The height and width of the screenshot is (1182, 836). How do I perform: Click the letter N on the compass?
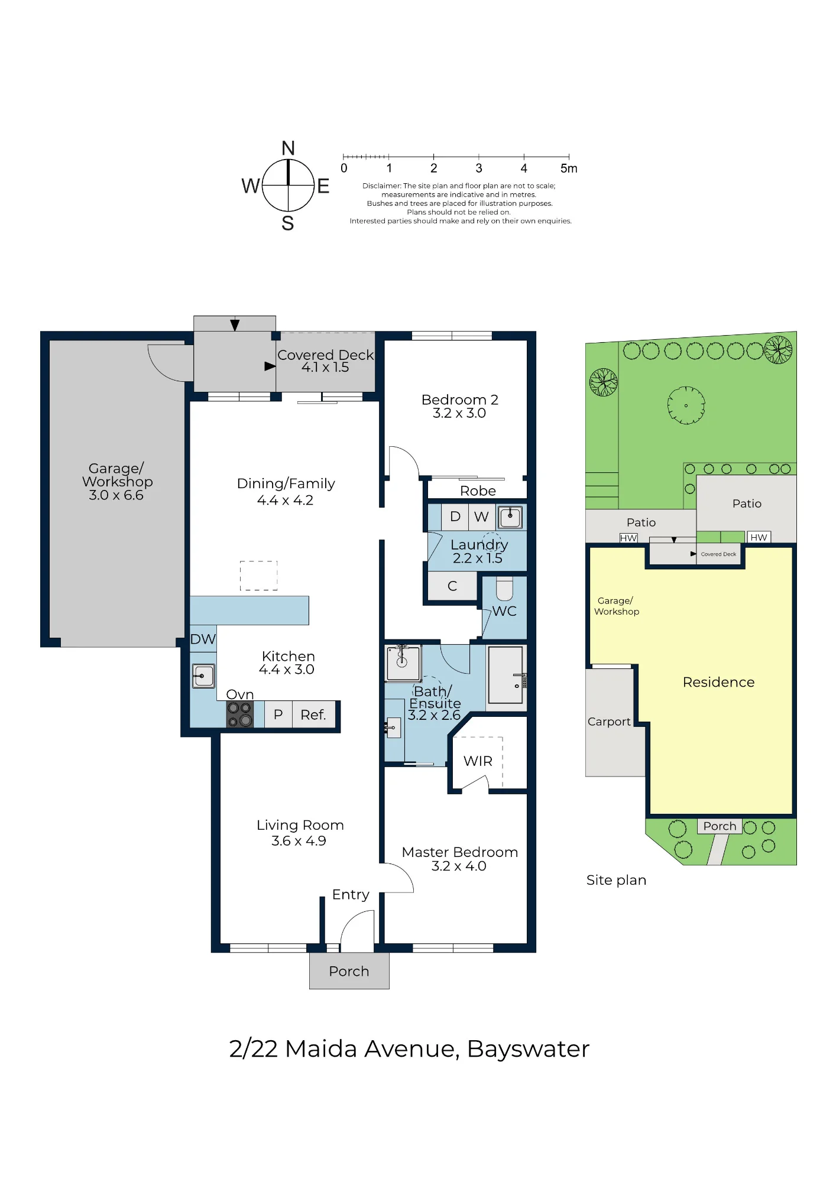pyautogui.click(x=288, y=148)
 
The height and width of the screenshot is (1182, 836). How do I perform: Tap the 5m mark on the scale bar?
pyautogui.click(x=569, y=168)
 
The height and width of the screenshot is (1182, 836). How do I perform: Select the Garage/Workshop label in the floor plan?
pyautogui.click(x=117, y=482)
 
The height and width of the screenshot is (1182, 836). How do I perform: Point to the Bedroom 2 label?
pyautogui.click(x=460, y=400)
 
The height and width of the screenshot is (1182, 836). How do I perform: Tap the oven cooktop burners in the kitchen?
pyautogui.click(x=240, y=715)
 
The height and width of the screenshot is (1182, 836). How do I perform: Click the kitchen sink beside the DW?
pyautogui.click(x=203, y=676)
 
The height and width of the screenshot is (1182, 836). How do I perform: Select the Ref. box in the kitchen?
pyautogui.click(x=313, y=715)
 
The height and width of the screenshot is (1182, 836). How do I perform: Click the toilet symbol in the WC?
pyautogui.click(x=504, y=589)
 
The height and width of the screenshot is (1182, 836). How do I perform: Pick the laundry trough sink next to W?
pyautogui.click(x=510, y=518)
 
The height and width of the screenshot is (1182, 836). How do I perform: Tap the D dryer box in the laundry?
pyautogui.click(x=455, y=517)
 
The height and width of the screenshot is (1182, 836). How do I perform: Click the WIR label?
pyautogui.click(x=478, y=761)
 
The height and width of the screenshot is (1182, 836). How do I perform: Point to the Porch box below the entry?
pyautogui.click(x=349, y=971)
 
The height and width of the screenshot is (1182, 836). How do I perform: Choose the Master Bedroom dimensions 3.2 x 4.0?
pyautogui.click(x=459, y=866)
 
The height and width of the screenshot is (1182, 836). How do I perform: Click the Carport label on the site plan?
pyautogui.click(x=609, y=722)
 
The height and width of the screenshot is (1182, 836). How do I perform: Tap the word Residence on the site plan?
pyautogui.click(x=718, y=682)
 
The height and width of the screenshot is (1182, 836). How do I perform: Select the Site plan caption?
pyautogui.click(x=616, y=881)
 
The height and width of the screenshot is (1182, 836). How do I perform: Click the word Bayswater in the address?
pyautogui.click(x=529, y=1049)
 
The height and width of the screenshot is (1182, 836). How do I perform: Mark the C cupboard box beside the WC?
pyautogui.click(x=452, y=586)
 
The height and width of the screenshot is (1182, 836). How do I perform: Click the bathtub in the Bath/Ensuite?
pyautogui.click(x=506, y=674)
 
